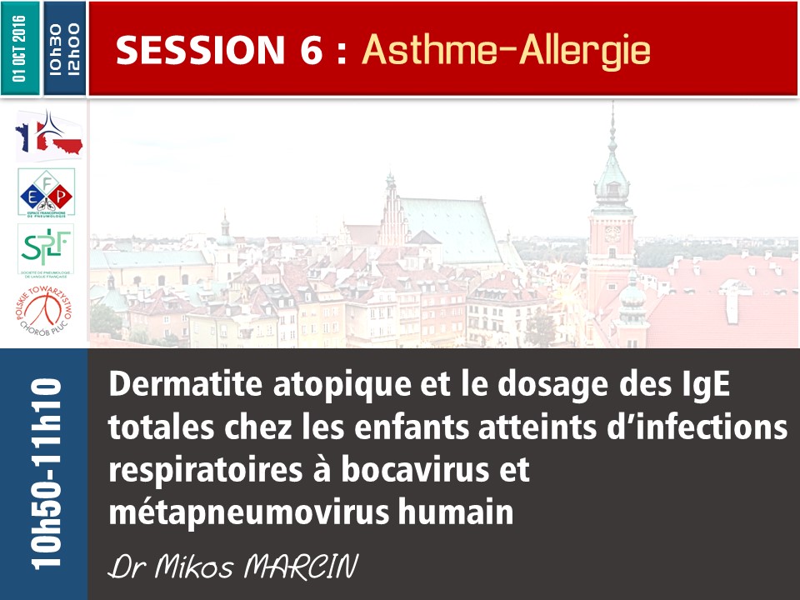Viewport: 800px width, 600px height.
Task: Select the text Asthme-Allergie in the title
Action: click(506, 51)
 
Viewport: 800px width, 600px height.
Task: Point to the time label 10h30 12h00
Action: click(64, 48)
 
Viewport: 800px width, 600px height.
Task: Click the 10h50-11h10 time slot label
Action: click(43, 473)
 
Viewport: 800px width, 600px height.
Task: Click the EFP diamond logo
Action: click(46, 192)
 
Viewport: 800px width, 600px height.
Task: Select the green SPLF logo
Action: click(45, 248)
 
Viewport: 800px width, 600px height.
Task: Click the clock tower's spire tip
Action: click(612, 106)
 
